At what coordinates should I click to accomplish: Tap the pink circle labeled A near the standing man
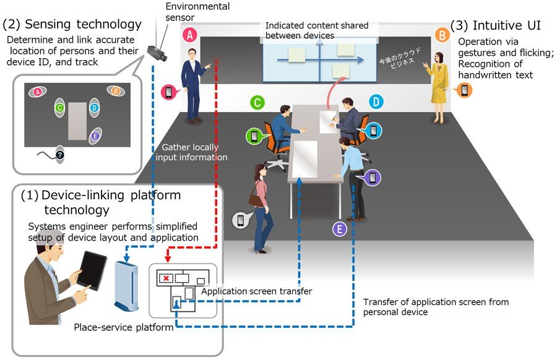[x=190, y=35]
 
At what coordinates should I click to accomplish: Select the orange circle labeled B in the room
[x=442, y=35]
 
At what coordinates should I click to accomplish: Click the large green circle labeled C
[x=257, y=101]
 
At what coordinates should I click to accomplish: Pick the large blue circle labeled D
[x=376, y=101]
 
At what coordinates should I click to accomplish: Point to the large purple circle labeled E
[x=339, y=229]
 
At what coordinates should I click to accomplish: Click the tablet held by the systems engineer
[x=93, y=270]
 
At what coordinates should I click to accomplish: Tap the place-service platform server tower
[x=126, y=285]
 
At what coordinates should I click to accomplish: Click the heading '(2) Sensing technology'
[x=72, y=24]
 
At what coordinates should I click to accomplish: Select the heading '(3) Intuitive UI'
[x=496, y=25]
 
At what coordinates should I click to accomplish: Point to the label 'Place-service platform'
[x=123, y=327]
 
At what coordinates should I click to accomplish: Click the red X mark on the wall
[x=216, y=61]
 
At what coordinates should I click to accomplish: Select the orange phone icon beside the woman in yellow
[x=464, y=90]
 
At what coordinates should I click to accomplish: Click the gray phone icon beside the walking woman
[x=240, y=220]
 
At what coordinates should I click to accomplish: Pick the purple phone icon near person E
[x=373, y=178]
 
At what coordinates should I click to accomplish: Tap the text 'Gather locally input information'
[x=194, y=152]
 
